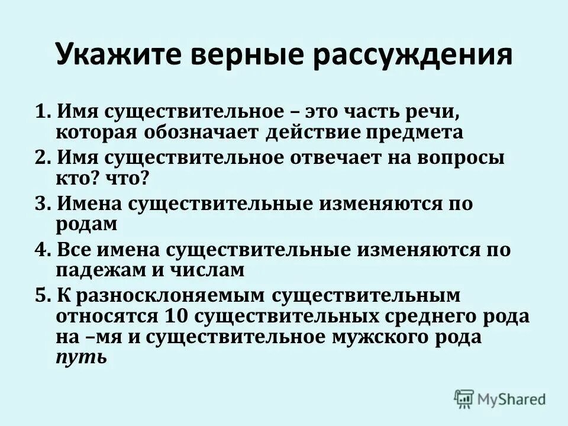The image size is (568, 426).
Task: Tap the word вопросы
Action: click(x=467, y=157)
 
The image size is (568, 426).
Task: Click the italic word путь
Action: click(x=81, y=359)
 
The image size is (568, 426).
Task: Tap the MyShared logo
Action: click(x=500, y=399)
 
